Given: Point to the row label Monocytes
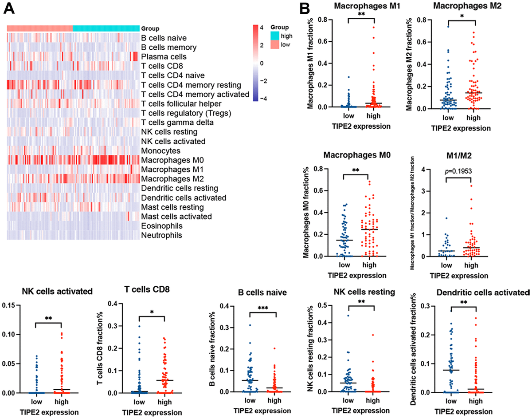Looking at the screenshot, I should click(x=160, y=151).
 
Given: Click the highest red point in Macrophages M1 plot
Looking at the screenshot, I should click(x=373, y=28).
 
